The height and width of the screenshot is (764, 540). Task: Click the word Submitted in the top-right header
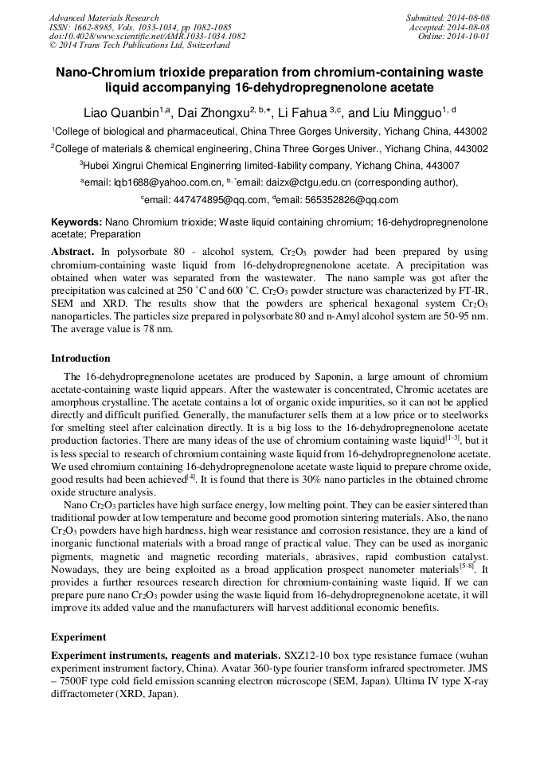pos(427,18)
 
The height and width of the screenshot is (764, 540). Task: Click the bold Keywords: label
pos(76,221)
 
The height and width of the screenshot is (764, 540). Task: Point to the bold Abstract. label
pos(72,251)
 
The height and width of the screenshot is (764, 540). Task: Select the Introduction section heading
pos(80,358)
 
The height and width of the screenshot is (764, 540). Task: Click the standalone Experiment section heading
pos(77,637)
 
